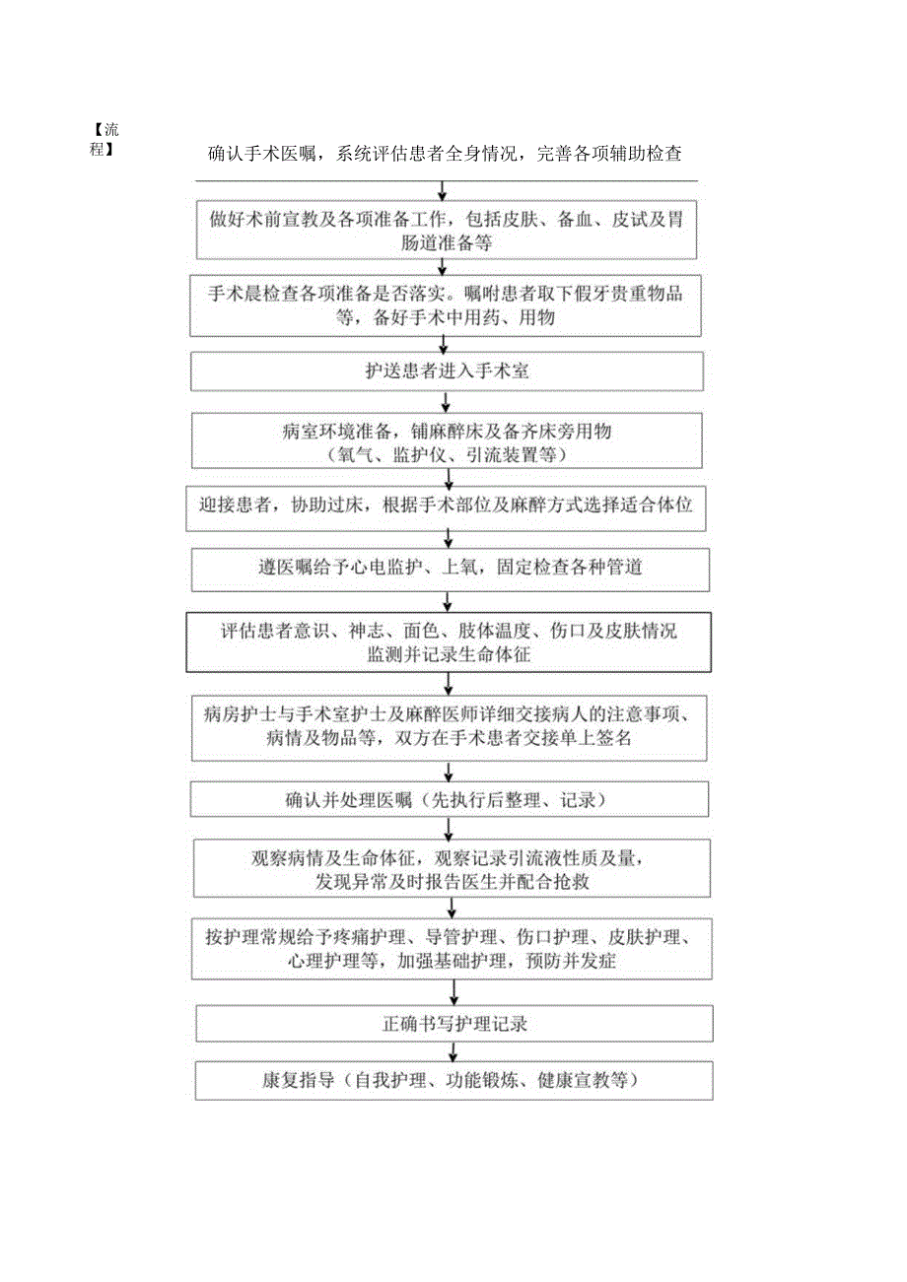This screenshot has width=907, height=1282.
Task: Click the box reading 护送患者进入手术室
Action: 447,371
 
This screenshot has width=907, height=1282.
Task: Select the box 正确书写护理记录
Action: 453,1024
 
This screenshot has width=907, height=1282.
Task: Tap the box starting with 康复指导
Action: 453,1080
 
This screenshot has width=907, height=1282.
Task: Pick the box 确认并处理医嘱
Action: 450,800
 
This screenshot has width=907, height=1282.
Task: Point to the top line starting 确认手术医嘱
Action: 446,155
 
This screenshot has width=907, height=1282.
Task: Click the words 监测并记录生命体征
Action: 449,652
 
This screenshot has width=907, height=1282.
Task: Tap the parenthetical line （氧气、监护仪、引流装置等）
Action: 449,455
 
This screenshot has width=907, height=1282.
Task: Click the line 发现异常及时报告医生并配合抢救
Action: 453,882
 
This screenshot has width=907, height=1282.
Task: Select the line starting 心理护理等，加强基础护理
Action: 453,961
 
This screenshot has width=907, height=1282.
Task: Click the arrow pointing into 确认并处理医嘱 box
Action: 449,772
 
